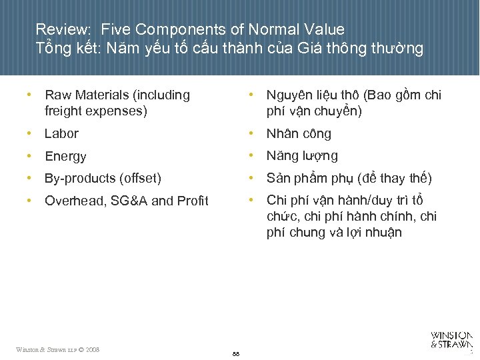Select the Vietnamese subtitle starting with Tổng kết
pyautogui.click(x=229, y=49)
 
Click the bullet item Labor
pyautogui.click(x=61, y=134)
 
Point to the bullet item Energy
pyautogui.click(x=65, y=157)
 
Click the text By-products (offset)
pyautogui.click(x=103, y=179)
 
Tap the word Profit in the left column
pyautogui.click(x=193, y=201)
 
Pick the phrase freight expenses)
pyautogui.click(x=95, y=111)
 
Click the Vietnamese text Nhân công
pyautogui.click(x=299, y=134)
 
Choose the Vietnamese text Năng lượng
pyautogui.click(x=302, y=156)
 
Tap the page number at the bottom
pyautogui.click(x=236, y=353)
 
